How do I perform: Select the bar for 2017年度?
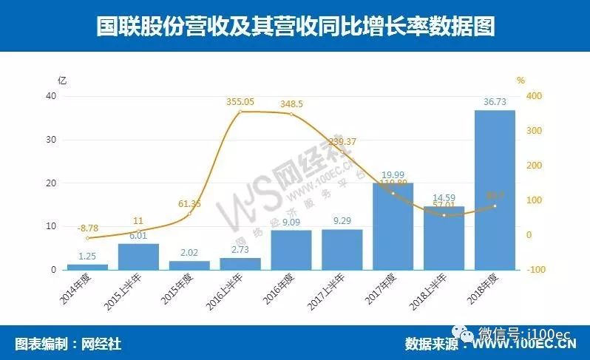(x=393, y=226)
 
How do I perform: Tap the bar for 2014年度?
(x=87, y=267)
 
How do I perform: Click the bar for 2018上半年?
(x=444, y=238)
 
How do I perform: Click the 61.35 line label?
(x=190, y=203)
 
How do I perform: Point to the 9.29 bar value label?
(x=342, y=220)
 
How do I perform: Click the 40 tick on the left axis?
(x=51, y=97)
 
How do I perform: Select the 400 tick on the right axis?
(x=534, y=97)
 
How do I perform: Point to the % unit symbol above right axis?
(x=521, y=80)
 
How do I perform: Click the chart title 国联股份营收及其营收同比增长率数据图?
(x=295, y=27)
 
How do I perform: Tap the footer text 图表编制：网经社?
(x=68, y=344)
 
